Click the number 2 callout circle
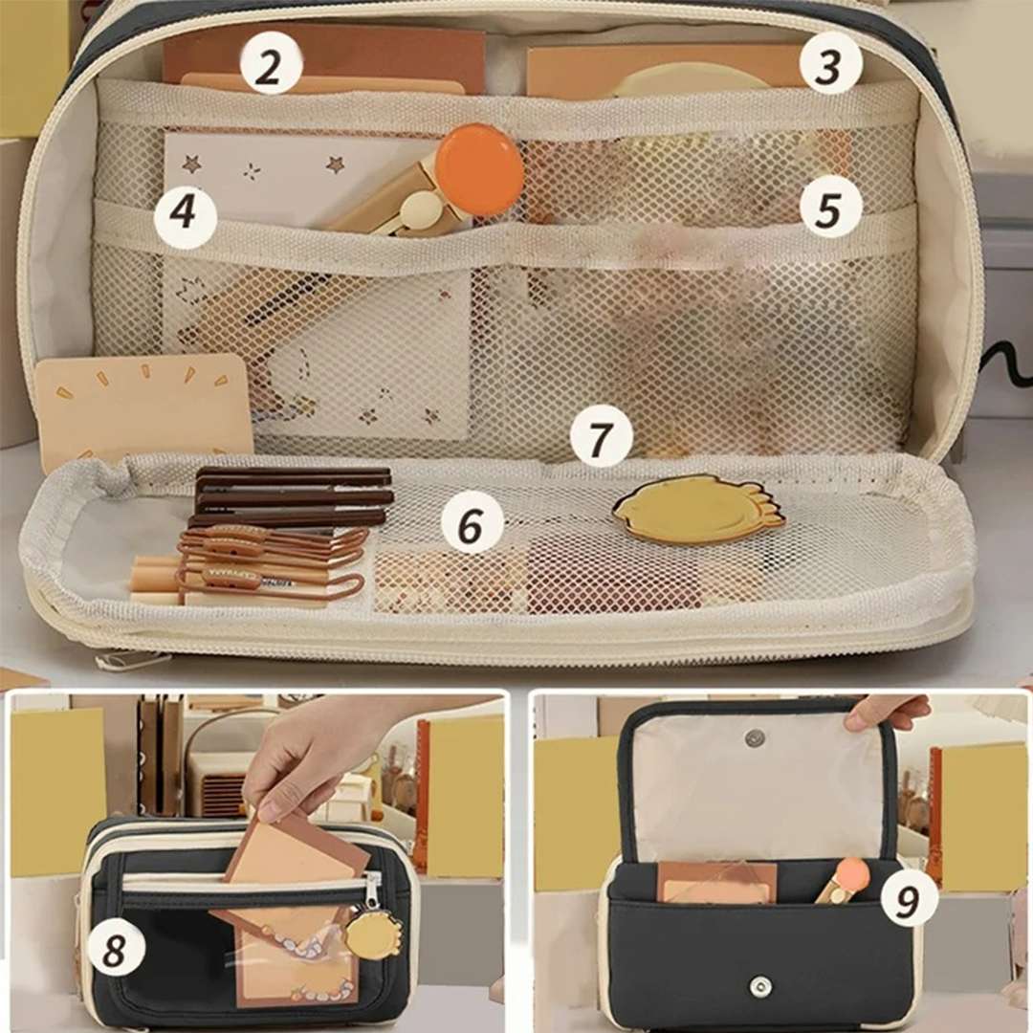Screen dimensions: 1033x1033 pos(270,65)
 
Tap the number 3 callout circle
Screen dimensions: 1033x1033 pos(831,65)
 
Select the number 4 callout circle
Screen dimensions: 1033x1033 pos(186,213)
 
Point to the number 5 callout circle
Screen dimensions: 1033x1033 pos(831,207)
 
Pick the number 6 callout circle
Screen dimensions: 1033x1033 pos(471,526)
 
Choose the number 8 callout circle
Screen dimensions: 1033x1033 pos(114,949)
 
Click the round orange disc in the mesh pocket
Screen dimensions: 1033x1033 pos(480,168)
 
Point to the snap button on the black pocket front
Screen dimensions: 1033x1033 pos(761,985)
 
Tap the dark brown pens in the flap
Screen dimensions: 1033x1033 pos(294,497)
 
